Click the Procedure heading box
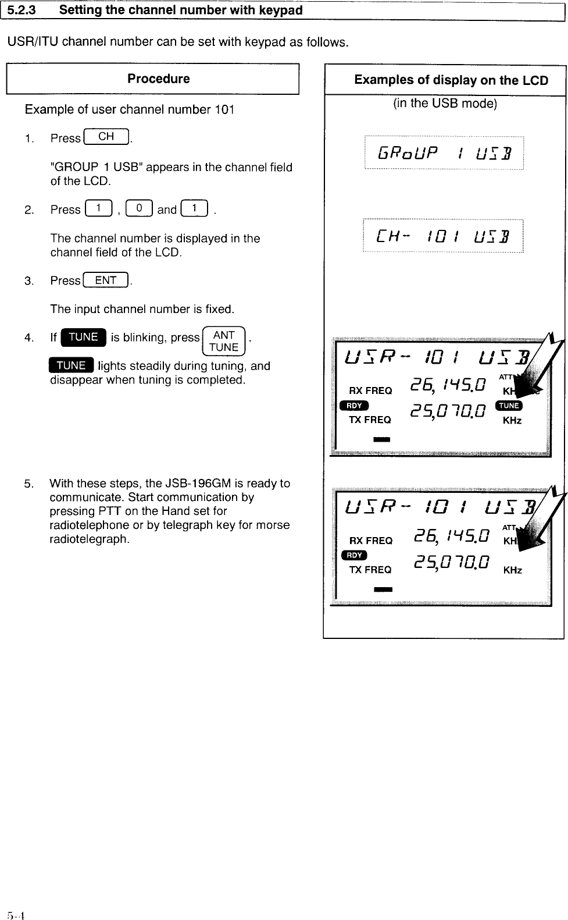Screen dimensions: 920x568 click(x=152, y=79)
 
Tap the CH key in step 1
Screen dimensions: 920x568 click(x=106, y=137)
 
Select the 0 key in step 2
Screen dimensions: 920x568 click(x=140, y=209)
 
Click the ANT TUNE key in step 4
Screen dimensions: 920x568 click(x=224, y=342)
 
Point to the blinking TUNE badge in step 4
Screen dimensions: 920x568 click(x=83, y=338)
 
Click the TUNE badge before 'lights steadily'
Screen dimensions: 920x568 click(x=72, y=365)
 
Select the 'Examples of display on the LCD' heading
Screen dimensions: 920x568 click(x=451, y=80)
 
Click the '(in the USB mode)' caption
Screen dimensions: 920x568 click(x=445, y=104)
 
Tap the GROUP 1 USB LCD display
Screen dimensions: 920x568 click(x=444, y=153)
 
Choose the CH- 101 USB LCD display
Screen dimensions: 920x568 click(x=442, y=236)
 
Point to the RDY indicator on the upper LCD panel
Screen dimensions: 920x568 click(x=353, y=406)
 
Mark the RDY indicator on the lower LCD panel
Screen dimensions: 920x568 click(x=353, y=555)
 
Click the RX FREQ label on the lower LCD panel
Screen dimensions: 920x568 click(x=370, y=541)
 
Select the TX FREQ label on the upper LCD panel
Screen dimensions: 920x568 click(x=370, y=420)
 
